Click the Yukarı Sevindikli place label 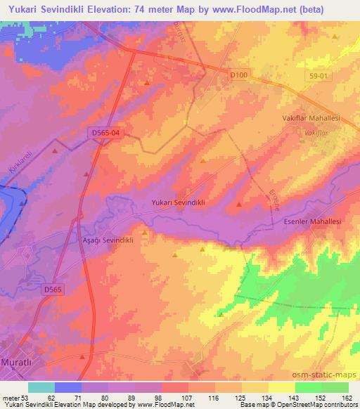tap(178, 202)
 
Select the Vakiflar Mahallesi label tap(312, 119)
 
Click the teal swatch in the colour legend tap(41, 387)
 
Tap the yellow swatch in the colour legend tap(282, 387)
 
